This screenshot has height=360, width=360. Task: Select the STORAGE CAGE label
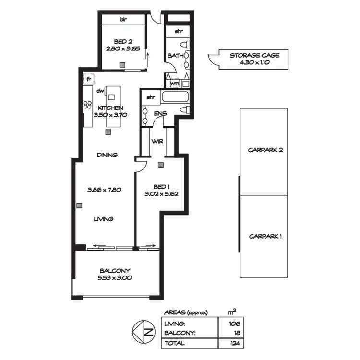pos(254,56)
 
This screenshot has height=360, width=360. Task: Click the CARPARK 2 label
pos(265,150)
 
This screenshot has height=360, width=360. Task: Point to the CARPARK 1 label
pos(265,236)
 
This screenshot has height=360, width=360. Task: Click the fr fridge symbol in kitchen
pos(89,78)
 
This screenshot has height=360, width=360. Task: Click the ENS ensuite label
pos(160,114)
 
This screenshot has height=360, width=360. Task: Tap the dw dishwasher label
pos(100,91)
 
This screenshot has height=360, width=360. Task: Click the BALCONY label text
pos(115,270)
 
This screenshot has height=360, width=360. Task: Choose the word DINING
pos(107,155)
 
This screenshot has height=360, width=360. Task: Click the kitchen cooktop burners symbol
pos(87,105)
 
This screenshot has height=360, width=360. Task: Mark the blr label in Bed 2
pos(123,20)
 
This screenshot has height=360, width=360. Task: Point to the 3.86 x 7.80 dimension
pos(104,190)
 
